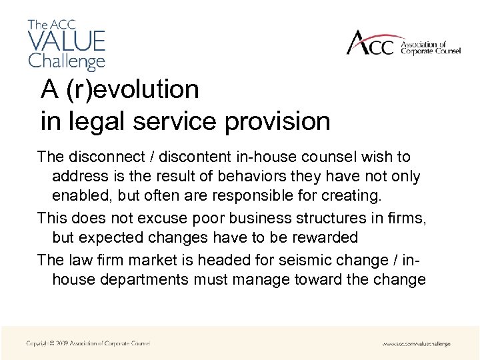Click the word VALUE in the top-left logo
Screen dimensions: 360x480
(67, 40)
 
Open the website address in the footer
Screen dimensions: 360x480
(416, 344)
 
